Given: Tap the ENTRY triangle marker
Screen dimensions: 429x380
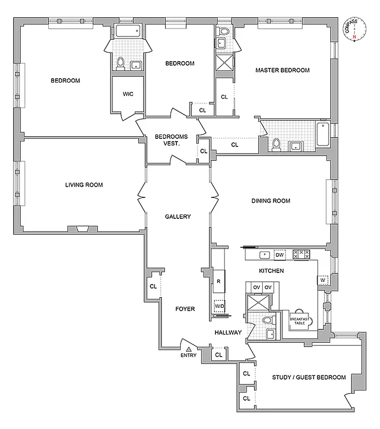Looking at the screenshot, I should tap(189, 349).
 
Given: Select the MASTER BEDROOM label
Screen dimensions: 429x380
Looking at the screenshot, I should tap(282, 70).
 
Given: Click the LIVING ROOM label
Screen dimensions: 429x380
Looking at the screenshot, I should tap(84, 185).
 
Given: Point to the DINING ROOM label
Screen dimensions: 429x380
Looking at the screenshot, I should tap(271, 201).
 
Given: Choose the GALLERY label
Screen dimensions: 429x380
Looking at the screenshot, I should tap(178, 217).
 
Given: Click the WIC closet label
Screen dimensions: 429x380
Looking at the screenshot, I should tap(128, 94).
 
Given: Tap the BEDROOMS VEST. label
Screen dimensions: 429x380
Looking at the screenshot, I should tap(171, 140).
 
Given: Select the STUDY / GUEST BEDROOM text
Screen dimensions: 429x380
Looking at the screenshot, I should tap(309, 378).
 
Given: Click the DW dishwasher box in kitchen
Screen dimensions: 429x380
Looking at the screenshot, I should tap(279, 255).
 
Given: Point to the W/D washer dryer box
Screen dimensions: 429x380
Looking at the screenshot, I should tap(219, 307).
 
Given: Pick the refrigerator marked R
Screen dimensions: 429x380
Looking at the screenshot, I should tap(219, 280).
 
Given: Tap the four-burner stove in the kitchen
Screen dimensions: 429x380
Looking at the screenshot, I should tap(302, 255).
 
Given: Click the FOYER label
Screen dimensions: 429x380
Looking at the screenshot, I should tap(185, 309).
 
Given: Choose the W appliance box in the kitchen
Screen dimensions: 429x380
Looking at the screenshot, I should tap(323, 280).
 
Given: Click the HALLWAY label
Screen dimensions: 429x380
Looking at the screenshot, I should tap(228, 332).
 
